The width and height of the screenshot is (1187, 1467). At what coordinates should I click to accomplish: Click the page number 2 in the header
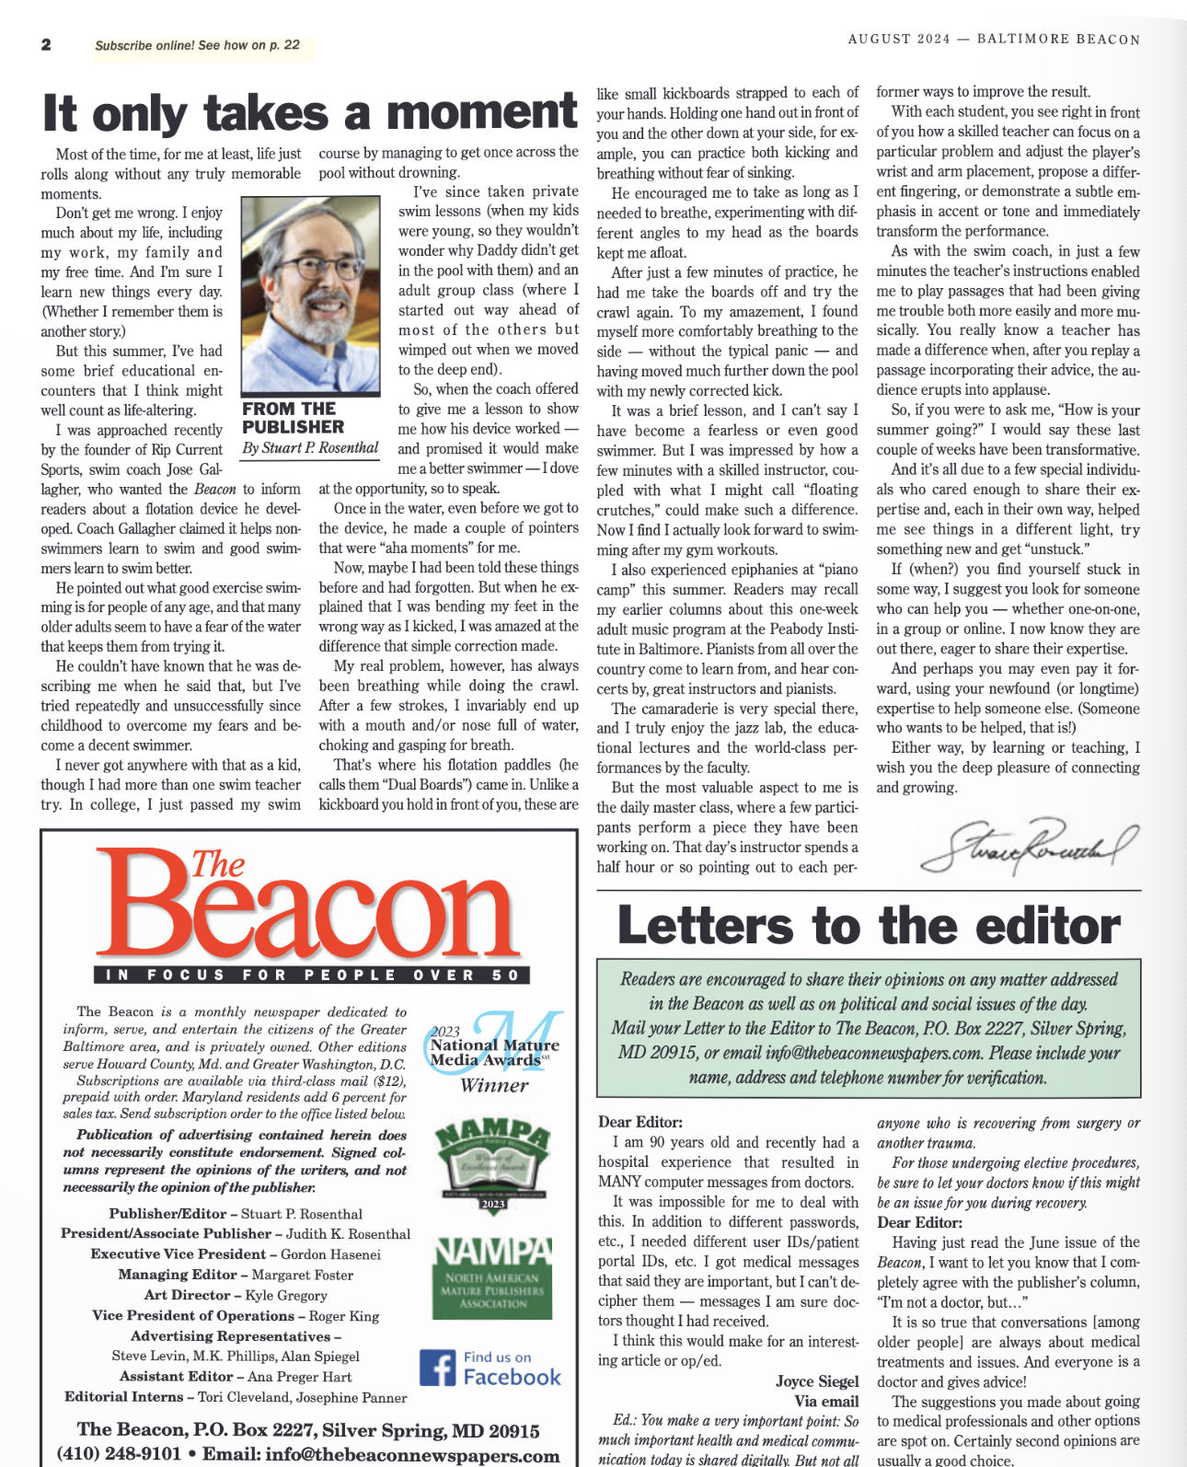point(46,45)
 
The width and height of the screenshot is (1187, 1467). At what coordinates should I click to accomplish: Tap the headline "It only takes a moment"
point(309,113)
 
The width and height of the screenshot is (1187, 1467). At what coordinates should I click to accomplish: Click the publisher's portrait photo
point(310,295)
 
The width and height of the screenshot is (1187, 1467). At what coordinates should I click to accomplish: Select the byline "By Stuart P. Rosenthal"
point(310,448)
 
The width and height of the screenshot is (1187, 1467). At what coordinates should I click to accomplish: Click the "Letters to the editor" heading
point(869,925)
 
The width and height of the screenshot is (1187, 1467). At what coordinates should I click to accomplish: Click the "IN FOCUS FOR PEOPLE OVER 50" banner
point(312,975)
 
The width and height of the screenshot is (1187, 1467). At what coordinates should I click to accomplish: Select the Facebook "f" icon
point(437,1368)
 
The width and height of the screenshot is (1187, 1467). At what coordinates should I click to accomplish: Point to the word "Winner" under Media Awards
point(494,1086)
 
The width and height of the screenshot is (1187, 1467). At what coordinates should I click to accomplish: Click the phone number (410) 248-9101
point(119,1454)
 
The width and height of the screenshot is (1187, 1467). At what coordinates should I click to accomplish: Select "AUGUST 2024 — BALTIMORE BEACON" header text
point(994,40)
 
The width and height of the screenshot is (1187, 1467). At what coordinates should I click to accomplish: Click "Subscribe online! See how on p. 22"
point(197,45)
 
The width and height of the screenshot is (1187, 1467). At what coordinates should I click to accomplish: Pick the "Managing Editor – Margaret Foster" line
point(236,1275)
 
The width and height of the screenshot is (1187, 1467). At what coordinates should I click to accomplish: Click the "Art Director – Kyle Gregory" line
point(236,1295)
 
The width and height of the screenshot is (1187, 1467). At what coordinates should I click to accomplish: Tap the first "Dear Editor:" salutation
point(640,1122)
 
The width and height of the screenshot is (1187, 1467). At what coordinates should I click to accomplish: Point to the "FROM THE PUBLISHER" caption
point(293,418)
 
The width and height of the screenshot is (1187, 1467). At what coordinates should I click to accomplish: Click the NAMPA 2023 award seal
point(492,1164)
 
